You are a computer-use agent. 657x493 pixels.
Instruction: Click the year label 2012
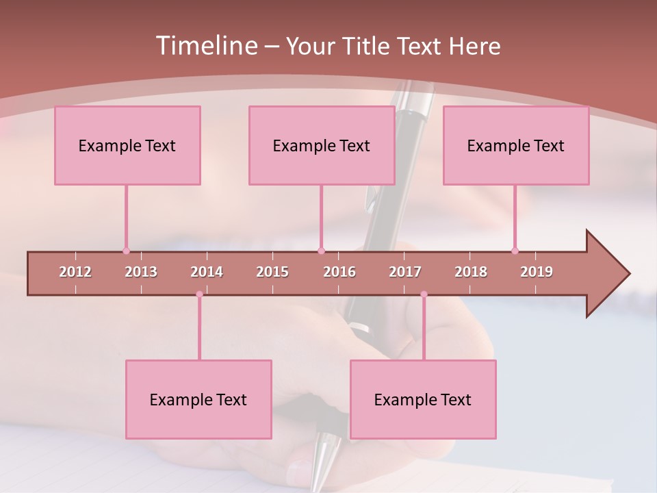pos(75,272)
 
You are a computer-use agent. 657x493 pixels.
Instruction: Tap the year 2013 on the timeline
pos(141,272)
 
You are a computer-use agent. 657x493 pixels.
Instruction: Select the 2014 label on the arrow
pos(207,272)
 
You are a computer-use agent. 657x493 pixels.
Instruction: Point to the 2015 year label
pos(272,272)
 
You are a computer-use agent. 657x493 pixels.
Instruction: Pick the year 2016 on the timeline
pos(339,272)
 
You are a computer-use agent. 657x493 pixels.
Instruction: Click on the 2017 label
pos(405,272)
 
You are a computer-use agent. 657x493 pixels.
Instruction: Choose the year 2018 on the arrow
pos(471,272)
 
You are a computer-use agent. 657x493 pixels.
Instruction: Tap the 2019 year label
pos(537,272)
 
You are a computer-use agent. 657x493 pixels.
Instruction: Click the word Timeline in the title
pos(206,46)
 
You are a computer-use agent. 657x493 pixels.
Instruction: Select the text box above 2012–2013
pos(127,145)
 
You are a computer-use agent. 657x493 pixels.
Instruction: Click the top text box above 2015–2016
pos(322,145)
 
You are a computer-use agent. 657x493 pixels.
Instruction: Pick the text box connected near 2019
pos(516,145)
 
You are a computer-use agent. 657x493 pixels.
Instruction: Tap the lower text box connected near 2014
pos(198,399)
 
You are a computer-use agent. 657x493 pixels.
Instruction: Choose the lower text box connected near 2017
pos(423,399)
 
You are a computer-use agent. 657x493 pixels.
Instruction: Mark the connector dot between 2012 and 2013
pos(126,251)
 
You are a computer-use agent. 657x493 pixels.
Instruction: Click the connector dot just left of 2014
pos(199,294)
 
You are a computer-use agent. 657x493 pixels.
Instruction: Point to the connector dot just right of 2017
pos(424,294)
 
